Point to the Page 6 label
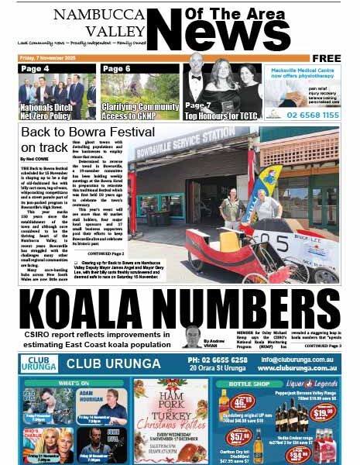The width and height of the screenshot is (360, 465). (117, 69)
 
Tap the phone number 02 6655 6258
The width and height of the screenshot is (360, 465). (216, 360)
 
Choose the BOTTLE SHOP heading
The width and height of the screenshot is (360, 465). (250, 383)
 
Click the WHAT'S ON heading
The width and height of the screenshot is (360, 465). (74, 383)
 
